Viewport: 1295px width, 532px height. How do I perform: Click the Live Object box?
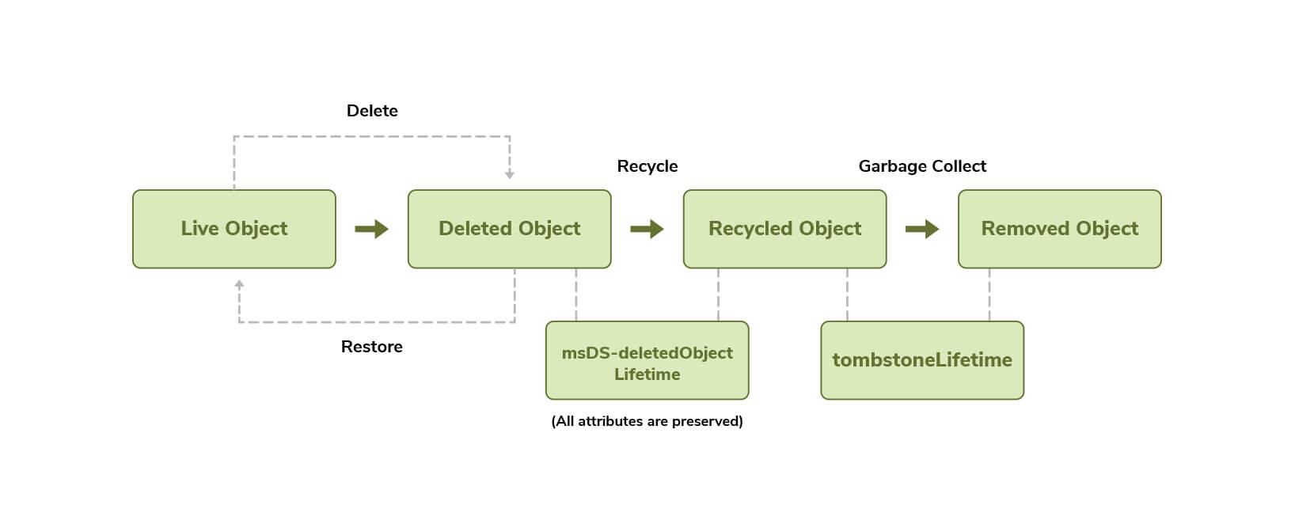(234, 229)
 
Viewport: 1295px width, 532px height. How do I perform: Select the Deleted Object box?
(509, 229)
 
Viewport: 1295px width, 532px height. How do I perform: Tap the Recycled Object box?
(784, 229)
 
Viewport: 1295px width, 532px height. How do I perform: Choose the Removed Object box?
(1059, 229)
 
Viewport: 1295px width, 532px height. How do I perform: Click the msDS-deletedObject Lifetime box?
(647, 361)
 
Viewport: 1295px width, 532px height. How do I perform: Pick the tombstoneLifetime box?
(922, 360)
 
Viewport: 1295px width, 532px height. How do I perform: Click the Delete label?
(372, 111)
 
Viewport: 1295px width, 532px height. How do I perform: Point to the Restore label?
(371, 347)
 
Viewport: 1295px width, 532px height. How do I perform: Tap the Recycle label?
(647, 166)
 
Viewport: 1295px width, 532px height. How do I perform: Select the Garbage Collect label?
(922, 166)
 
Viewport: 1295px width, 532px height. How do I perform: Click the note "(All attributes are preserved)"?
(647, 421)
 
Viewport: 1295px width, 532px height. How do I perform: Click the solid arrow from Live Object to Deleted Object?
(371, 230)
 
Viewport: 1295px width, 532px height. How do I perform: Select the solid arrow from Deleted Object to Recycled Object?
(647, 230)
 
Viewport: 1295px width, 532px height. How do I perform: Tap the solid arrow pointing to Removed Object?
(922, 230)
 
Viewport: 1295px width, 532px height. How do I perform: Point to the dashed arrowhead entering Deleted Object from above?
(510, 174)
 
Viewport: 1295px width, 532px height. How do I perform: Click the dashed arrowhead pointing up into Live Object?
(239, 283)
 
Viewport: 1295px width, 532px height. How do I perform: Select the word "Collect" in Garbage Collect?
(959, 166)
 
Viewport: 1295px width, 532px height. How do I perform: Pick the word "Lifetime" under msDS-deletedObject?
(647, 374)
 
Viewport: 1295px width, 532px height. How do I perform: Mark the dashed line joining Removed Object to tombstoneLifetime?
(989, 294)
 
